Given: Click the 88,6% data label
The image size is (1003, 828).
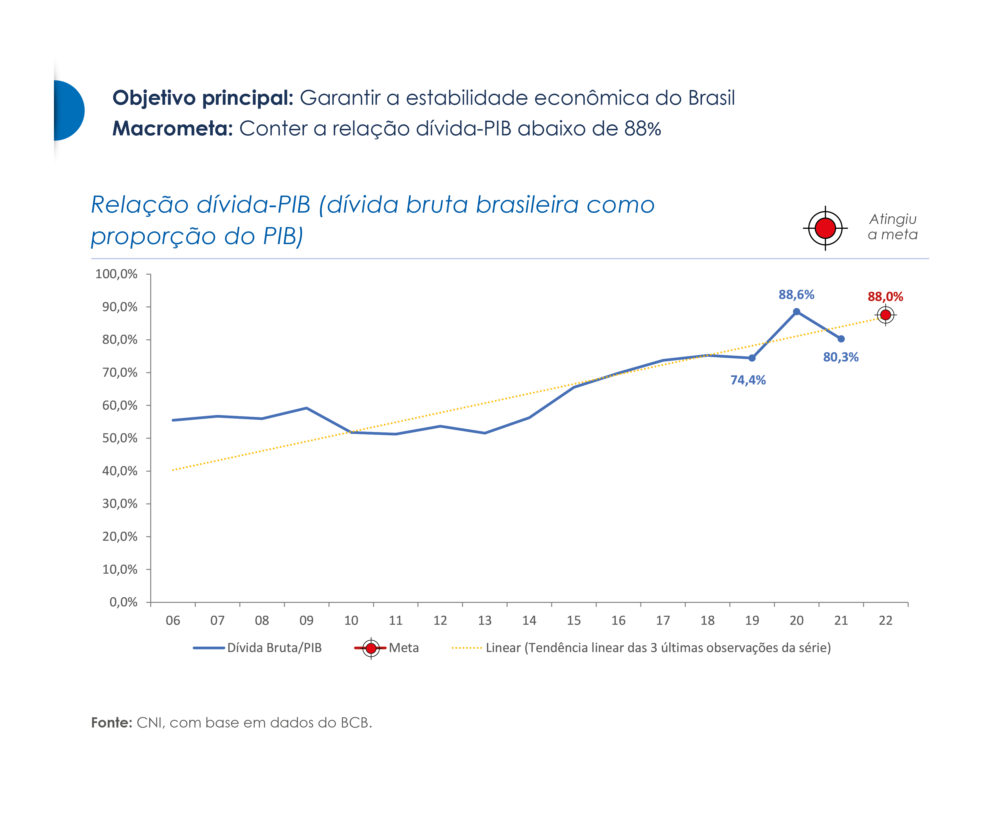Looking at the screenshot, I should pos(796,295).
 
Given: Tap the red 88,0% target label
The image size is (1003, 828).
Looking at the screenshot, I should pos(885,297).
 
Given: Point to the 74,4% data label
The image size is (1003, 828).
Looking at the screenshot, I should pos(747,380).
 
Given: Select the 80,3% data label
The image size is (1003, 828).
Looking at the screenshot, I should pos(840,357).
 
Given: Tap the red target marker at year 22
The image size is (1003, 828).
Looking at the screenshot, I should pos(885,315).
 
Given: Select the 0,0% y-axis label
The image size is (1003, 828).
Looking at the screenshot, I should pos(123,602).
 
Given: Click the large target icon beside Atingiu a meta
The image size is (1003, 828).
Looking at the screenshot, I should pos(825,228).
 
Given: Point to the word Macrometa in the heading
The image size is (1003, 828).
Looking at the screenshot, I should pos(172,129).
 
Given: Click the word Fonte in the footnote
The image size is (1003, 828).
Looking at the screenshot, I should pos(111,723).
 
